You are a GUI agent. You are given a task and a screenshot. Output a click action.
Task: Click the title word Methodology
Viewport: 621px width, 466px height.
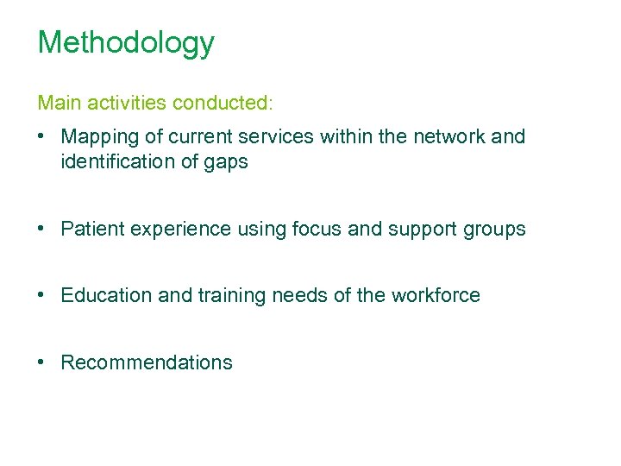pyautogui.click(x=126, y=43)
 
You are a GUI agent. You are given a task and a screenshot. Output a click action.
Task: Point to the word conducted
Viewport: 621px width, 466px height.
pyautogui.click(x=222, y=104)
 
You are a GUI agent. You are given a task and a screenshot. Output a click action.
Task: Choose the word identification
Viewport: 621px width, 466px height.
pyautogui.click(x=116, y=161)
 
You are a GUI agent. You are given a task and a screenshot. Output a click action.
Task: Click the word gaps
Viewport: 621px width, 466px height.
pyautogui.click(x=226, y=163)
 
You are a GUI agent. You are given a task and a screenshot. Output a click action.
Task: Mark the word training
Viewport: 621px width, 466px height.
pyautogui.click(x=233, y=296)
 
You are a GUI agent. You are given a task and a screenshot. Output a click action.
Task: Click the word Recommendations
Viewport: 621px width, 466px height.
pyautogui.click(x=147, y=362)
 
